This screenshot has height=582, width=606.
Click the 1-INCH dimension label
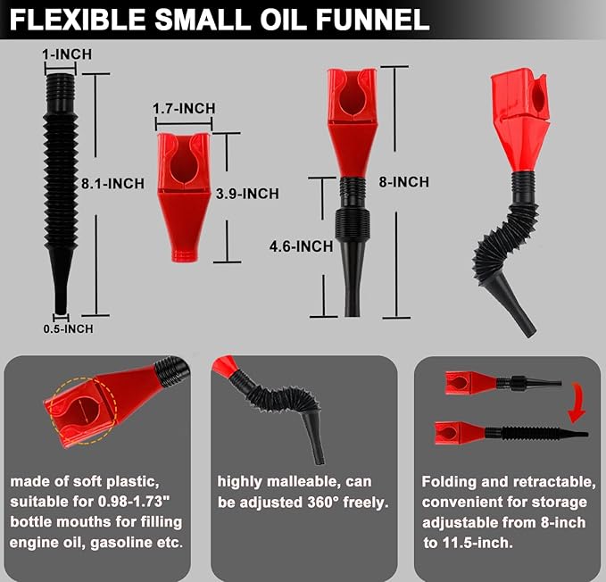click(67, 54)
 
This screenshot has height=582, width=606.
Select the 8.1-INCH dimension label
click(112, 184)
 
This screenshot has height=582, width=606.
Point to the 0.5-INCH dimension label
click(68, 328)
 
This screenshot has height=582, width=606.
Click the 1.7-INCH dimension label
click(184, 109)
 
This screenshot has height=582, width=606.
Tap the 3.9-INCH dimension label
click(247, 194)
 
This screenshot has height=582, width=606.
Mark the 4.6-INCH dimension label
click(303, 245)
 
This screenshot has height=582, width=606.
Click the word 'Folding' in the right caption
click(449, 481)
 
